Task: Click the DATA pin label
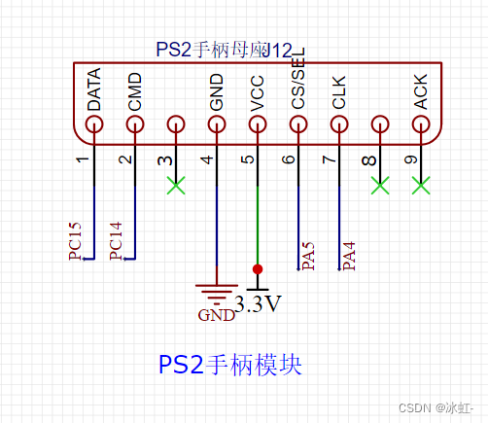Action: [x=94, y=89]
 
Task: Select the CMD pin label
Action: [x=135, y=90]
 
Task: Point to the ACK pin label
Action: [x=421, y=90]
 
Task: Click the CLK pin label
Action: [x=339, y=91]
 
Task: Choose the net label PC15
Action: [x=75, y=241]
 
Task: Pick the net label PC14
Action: [x=116, y=241]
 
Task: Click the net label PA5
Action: [x=308, y=256]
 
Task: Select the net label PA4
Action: [x=349, y=256]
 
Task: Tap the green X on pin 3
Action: [x=176, y=184]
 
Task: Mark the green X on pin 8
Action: [x=380, y=184]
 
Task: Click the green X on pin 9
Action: [x=421, y=184]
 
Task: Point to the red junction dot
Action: [x=258, y=268]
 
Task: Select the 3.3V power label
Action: [x=259, y=304]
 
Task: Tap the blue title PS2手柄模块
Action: [x=229, y=365]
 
